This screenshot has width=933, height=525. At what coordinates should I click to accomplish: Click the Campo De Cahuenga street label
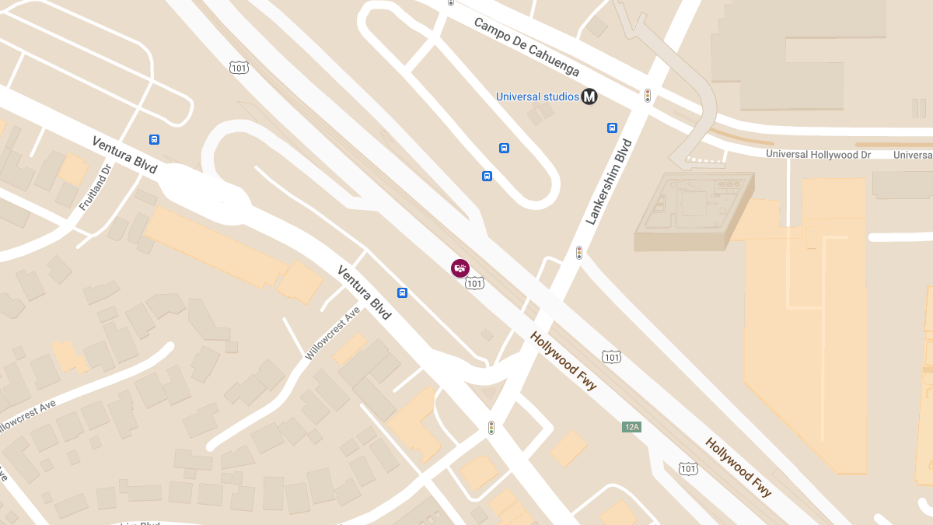click(x=526, y=47)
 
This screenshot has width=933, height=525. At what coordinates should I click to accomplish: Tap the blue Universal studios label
click(x=537, y=96)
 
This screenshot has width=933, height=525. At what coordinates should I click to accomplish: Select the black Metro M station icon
click(x=589, y=96)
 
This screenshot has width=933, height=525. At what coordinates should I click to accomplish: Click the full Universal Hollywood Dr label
click(x=818, y=154)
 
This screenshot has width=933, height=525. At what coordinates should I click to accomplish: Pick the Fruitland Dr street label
click(x=96, y=187)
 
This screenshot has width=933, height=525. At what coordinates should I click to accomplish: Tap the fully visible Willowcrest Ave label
click(x=333, y=333)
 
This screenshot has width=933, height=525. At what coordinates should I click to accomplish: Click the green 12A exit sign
click(x=631, y=427)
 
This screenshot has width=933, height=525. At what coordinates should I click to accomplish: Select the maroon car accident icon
click(x=460, y=268)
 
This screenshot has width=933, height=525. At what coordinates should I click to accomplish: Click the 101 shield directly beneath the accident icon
click(x=474, y=284)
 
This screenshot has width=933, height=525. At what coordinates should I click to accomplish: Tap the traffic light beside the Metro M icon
click(x=647, y=96)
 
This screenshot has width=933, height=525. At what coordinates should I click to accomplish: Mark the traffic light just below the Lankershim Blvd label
click(x=579, y=253)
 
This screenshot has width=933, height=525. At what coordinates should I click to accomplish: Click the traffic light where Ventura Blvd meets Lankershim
click(x=491, y=428)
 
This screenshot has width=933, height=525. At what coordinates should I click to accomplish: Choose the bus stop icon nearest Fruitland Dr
click(x=154, y=140)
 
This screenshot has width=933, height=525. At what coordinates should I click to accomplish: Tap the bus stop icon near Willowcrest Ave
click(x=402, y=293)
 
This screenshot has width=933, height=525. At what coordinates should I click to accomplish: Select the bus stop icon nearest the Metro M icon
click(x=612, y=128)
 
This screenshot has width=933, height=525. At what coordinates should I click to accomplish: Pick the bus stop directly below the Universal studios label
click(x=504, y=148)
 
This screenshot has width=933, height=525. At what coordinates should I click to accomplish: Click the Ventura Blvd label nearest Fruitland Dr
click(x=124, y=155)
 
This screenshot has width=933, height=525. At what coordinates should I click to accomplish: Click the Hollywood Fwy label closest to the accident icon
click(x=564, y=362)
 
